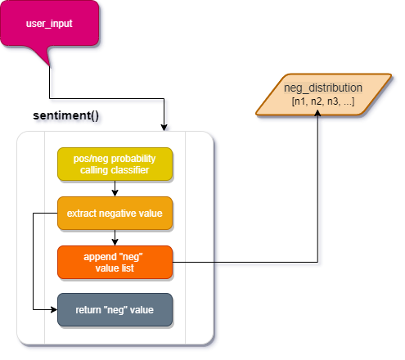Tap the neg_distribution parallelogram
point(322,94)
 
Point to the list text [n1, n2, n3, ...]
point(322,101)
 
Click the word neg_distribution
point(322,88)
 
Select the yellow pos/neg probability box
point(115,164)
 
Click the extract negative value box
point(115,213)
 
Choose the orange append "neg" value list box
point(115,262)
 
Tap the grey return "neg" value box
point(115,309)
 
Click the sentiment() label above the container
point(69,117)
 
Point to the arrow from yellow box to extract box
point(115,188)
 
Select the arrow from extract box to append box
point(115,237)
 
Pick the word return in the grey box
point(89,309)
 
